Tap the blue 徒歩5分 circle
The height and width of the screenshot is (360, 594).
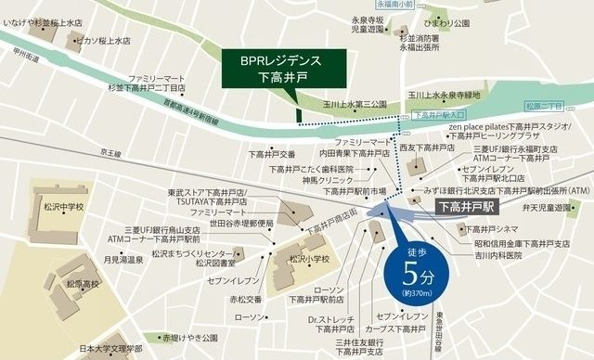pyautogui.click(x=413, y=269)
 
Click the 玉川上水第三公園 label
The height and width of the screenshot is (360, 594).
pyautogui.click(x=348, y=104)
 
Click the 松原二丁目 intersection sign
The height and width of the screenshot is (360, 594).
pyautogui.click(x=547, y=108)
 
